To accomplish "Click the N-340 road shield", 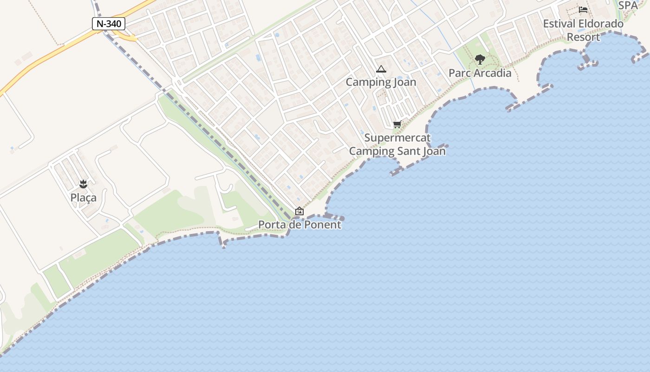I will [x=109, y=24].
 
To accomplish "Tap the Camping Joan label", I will [x=381, y=82].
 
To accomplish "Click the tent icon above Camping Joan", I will [x=381, y=69].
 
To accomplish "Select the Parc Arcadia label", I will [x=480, y=73].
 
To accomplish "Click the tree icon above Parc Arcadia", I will [x=480, y=60].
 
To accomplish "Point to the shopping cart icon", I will [x=397, y=124].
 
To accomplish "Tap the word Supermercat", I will [x=397, y=138].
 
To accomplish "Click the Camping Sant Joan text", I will [x=397, y=151].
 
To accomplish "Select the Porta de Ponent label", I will [x=299, y=225].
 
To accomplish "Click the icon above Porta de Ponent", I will [x=299, y=211].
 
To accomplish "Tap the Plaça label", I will [x=84, y=198].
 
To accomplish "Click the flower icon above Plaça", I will [x=84, y=184].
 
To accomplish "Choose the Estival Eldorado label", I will [x=583, y=24].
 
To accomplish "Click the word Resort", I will [x=583, y=37].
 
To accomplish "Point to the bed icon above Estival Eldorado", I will [x=583, y=10].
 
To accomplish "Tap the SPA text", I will [x=628, y=6].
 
